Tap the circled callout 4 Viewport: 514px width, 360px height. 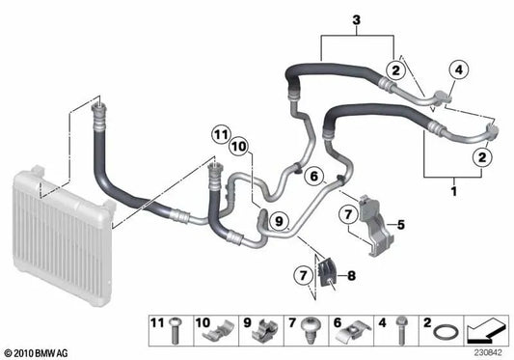458,69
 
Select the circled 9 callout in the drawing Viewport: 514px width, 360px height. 279,220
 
